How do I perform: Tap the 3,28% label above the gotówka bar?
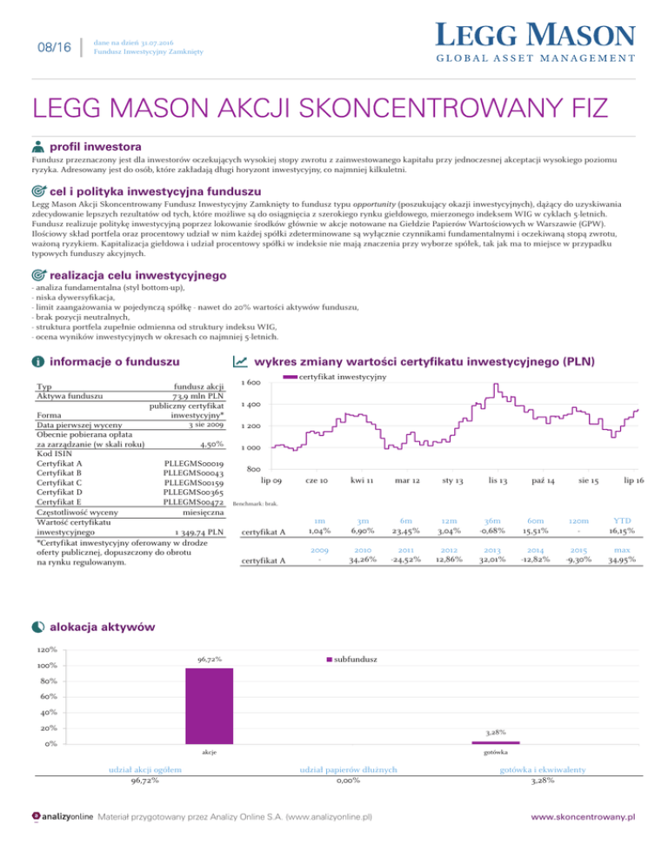tap(495, 733)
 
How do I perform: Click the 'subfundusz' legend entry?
tap(353, 660)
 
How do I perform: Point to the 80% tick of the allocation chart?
tap(48, 681)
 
